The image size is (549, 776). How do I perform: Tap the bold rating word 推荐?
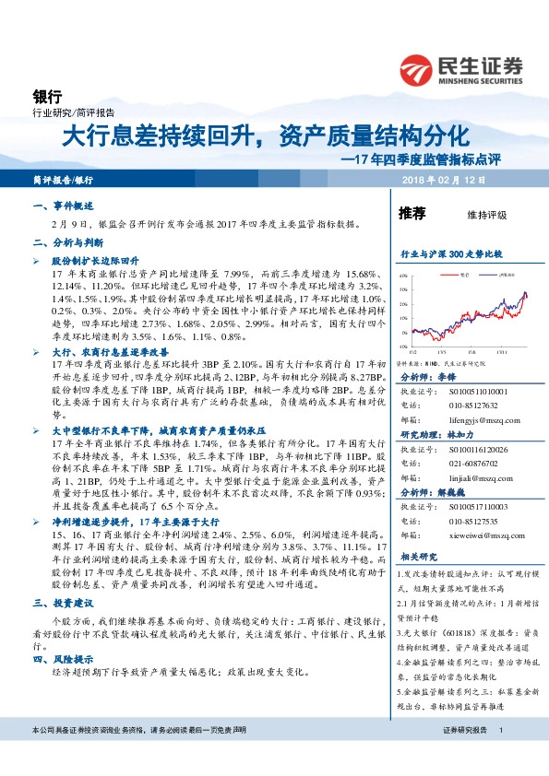412,214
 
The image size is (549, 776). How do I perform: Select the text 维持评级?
488,215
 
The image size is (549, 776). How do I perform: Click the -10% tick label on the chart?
402,347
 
